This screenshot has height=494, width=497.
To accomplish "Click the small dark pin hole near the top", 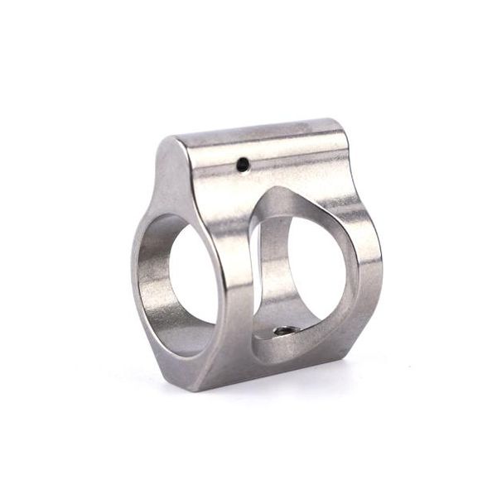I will (x=242, y=164).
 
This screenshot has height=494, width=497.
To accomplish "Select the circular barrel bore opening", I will (x=190, y=277).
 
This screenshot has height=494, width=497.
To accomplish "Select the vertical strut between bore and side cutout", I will (x=242, y=273).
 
